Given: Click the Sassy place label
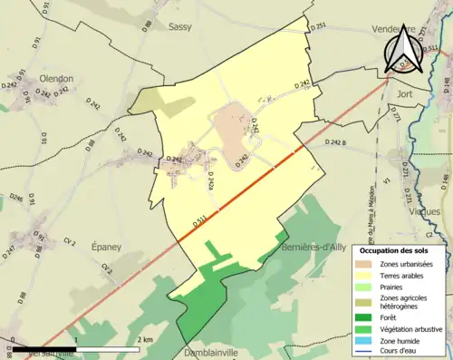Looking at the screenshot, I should pyautogui.click(x=183, y=27).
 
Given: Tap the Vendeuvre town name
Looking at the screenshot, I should pyautogui.click(x=395, y=29).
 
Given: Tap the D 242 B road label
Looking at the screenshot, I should pyautogui.click(x=337, y=142).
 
